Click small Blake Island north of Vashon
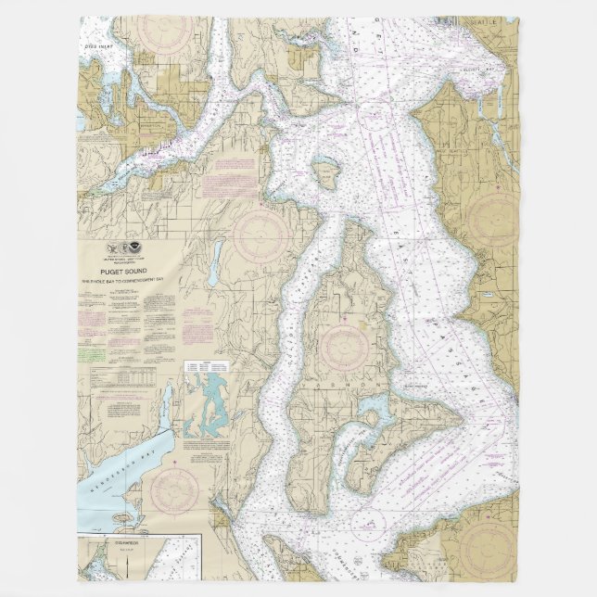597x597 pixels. click(327, 171)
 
